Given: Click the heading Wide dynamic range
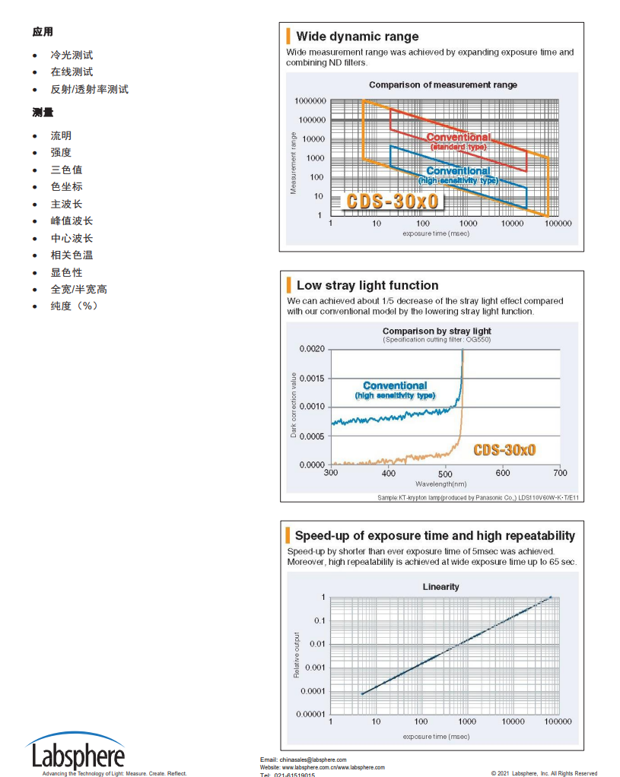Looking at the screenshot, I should pos(357,36).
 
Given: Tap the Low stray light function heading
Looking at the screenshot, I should pos(367,286).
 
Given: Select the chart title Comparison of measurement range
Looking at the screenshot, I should pos(443,85).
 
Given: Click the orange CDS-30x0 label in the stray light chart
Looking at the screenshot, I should pos(504,450).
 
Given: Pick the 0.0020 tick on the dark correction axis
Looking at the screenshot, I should pos(311,349).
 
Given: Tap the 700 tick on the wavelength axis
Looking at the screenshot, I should pos(560,474).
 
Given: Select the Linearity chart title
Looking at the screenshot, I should pos(441,587).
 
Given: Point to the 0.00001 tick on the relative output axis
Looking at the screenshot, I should pos(310,715).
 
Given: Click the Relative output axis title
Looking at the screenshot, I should pos(297,655).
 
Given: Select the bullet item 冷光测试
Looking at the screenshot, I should pos(72,55).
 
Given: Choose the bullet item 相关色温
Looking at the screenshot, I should pos(72,255).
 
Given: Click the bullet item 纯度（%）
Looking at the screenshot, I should pos(75,306).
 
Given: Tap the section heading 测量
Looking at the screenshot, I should pos(43,113).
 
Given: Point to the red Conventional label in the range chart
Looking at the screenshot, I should pos(458,138).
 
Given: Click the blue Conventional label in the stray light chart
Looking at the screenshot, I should pos(395,386).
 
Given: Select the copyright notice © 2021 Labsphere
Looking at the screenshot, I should pos(544,773).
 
